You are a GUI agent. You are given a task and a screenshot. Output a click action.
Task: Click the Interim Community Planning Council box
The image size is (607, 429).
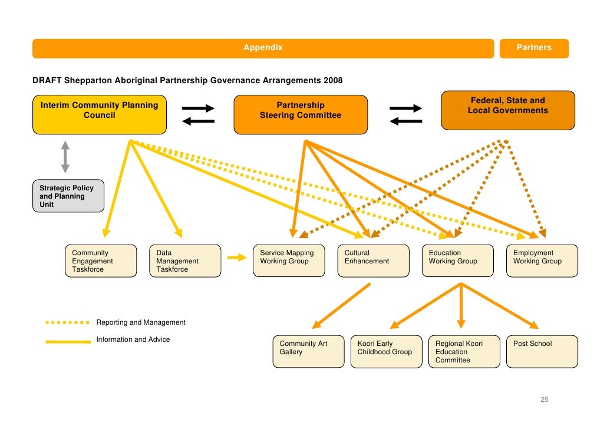[x=99, y=114]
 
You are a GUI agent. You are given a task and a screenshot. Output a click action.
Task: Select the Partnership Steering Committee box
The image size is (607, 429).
[x=301, y=114]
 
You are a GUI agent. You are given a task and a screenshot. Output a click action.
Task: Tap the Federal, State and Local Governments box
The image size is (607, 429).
[x=507, y=110]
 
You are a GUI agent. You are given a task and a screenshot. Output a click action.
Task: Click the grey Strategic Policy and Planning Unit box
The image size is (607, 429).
[x=68, y=196]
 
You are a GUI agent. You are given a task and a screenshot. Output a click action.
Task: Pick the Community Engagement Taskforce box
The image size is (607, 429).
[x=100, y=261]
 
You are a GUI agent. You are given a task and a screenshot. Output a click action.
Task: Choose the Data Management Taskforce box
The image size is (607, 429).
[x=185, y=261]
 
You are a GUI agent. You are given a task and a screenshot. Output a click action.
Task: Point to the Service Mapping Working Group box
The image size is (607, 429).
[x=288, y=261]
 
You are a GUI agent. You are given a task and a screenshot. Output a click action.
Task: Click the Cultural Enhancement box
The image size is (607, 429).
[x=373, y=261]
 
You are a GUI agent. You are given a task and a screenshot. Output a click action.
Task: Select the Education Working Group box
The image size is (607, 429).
[x=457, y=261]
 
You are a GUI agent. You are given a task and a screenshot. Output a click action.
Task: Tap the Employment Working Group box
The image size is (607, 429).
[x=542, y=261]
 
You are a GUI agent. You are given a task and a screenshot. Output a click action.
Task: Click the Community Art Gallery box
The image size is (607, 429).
[x=308, y=352]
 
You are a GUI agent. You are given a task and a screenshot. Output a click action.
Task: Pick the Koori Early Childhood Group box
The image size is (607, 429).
[x=386, y=352]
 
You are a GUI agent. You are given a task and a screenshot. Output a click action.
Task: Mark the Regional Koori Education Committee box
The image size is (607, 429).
[x=464, y=352]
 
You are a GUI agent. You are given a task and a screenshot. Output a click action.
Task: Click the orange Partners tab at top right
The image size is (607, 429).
[x=534, y=48]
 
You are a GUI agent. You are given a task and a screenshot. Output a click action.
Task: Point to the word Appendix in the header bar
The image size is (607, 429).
[x=263, y=48]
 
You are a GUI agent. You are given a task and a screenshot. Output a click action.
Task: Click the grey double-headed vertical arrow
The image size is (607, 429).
[x=65, y=156]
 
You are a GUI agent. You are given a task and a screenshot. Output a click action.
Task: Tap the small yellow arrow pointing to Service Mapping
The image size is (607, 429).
[x=236, y=257]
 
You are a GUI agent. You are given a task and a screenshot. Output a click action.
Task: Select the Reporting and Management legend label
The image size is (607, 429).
[x=141, y=322]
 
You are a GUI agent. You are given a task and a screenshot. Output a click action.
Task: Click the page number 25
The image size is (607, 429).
[x=545, y=400]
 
